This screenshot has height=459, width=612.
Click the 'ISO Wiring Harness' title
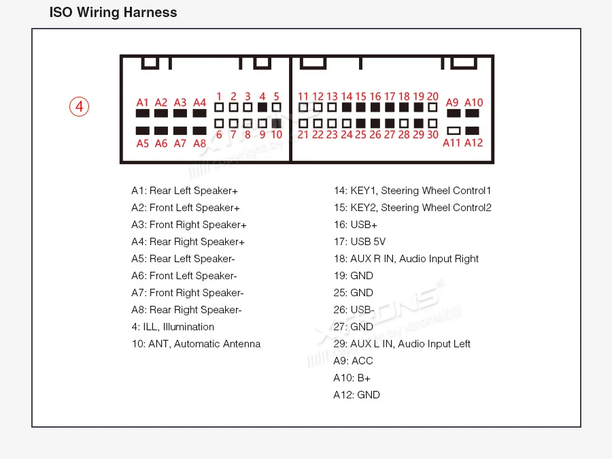point(114,12)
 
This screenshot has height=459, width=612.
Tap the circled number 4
point(79,107)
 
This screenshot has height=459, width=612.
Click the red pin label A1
point(142,102)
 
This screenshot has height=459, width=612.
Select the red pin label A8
point(199,143)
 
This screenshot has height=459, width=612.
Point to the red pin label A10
point(473,102)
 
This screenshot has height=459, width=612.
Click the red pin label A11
point(452,142)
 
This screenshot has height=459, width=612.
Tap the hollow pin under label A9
point(453,130)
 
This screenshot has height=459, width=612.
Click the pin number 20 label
point(432,97)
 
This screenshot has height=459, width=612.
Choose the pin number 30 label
point(432,135)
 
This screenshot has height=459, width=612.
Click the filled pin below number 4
point(262,108)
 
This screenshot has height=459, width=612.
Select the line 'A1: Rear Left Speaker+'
point(184,191)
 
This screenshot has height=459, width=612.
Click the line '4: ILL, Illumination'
point(173,327)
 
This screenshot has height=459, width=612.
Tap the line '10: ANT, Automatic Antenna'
point(196,344)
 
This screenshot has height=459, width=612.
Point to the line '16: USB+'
point(355,225)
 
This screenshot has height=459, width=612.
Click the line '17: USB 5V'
point(359,242)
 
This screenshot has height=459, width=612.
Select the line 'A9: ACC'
point(353,361)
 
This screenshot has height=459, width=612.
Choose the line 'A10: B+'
point(352,378)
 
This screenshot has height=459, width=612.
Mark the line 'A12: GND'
point(356,395)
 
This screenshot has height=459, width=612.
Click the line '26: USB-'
point(354,310)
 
